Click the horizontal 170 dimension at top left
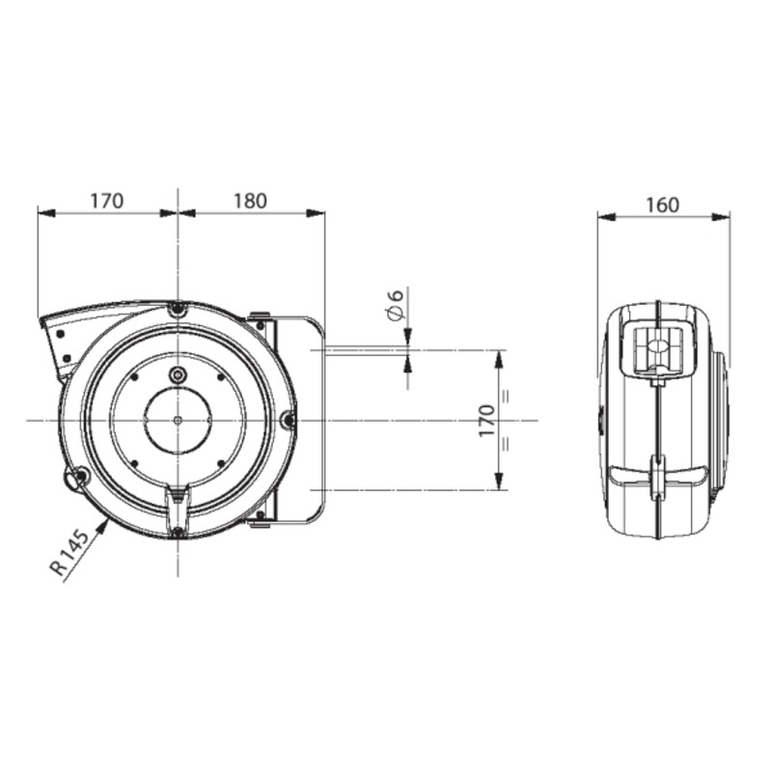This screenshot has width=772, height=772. [x=106, y=202]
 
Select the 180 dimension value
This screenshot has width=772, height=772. [x=250, y=202]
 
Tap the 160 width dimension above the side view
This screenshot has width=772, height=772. [x=663, y=205]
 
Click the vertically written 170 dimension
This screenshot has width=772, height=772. [x=486, y=421]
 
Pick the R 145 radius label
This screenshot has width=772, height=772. [x=73, y=553]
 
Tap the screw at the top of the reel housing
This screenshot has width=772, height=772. [x=177, y=310]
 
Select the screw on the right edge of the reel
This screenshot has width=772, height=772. [x=287, y=420]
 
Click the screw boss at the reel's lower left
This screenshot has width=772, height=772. [x=80, y=475]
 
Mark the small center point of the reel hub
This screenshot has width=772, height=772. [x=178, y=420]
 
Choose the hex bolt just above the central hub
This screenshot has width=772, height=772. [x=177, y=374]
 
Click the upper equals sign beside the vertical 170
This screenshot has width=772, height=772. [x=507, y=395]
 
